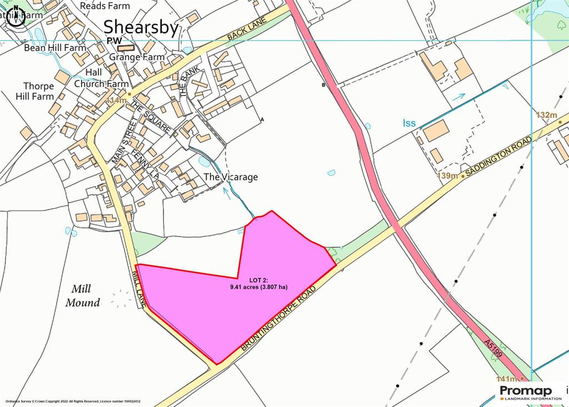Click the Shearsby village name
point(141,27)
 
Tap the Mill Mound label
point(82,296)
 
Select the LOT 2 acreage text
point(259,284)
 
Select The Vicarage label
point(231,177)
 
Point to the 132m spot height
point(546,115)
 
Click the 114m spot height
point(116,100)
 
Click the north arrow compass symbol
point(16,16)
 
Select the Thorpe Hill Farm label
point(38,91)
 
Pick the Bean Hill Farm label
point(55,48)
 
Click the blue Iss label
point(409,123)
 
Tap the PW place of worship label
point(114,41)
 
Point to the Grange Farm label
point(137,57)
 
